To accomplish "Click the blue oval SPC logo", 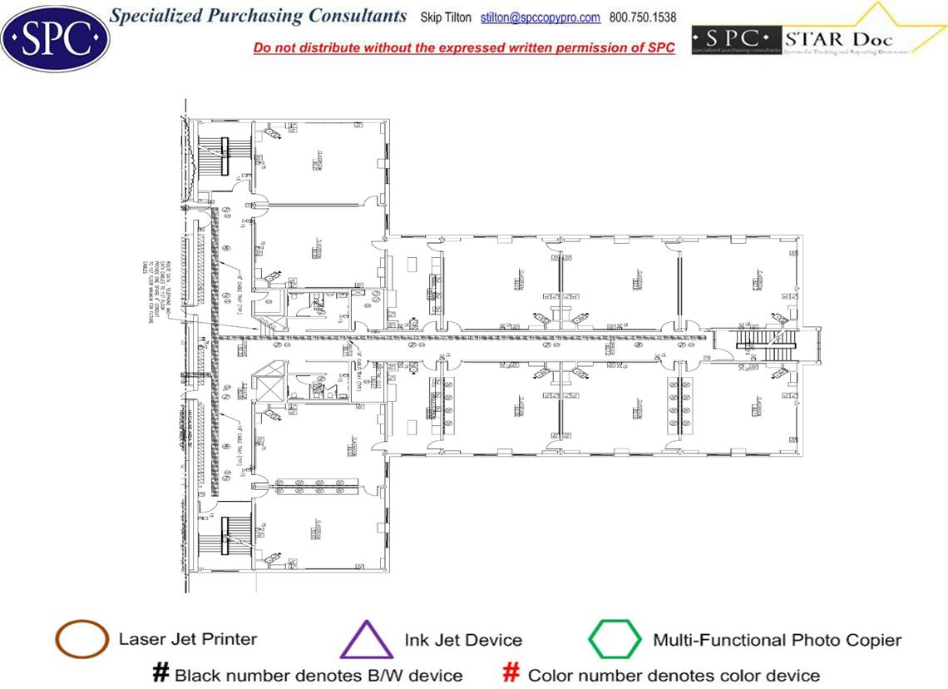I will pyautogui.click(x=56, y=36).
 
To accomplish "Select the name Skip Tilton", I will pyautogui.click(x=446, y=17).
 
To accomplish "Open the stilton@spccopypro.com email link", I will pyautogui.click(x=541, y=17).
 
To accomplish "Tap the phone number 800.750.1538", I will pyautogui.click(x=643, y=17).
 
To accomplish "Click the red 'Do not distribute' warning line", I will pyautogui.click(x=464, y=47).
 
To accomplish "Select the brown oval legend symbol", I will pyautogui.click(x=81, y=640).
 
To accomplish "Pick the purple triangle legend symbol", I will pyautogui.click(x=366, y=641).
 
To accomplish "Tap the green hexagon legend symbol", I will pyautogui.click(x=615, y=640).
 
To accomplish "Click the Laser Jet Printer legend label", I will pyautogui.click(x=188, y=639).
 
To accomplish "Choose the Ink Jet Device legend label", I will pyautogui.click(x=463, y=640).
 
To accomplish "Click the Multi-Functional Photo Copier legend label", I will pyautogui.click(x=777, y=640).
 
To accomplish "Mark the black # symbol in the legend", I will pyautogui.click(x=161, y=673).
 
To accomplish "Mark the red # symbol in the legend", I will pyautogui.click(x=512, y=673).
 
